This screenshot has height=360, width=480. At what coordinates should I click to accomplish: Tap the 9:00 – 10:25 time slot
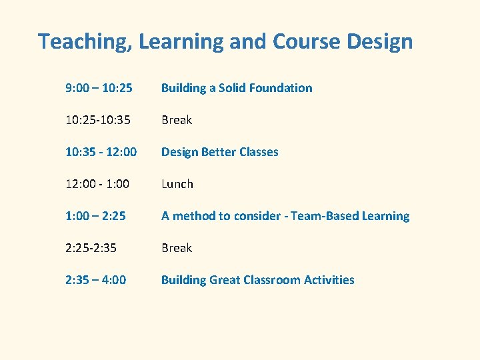click(x=99, y=88)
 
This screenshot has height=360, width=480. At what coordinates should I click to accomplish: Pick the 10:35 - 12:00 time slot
click(x=101, y=152)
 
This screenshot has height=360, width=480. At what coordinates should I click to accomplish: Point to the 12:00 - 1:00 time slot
click(x=97, y=184)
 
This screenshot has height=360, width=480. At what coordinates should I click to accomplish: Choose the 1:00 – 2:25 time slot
click(x=95, y=216)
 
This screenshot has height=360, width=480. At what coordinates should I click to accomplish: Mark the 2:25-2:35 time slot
click(x=91, y=248)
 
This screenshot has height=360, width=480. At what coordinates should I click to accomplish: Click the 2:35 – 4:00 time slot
click(x=95, y=280)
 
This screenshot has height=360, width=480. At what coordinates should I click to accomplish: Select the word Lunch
click(x=177, y=184)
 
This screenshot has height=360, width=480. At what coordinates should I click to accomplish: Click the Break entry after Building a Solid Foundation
click(x=177, y=120)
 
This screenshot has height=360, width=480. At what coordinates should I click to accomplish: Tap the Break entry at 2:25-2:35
click(x=177, y=248)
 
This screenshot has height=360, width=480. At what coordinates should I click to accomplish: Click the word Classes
click(x=259, y=152)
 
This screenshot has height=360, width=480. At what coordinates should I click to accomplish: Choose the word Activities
click(x=329, y=280)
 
